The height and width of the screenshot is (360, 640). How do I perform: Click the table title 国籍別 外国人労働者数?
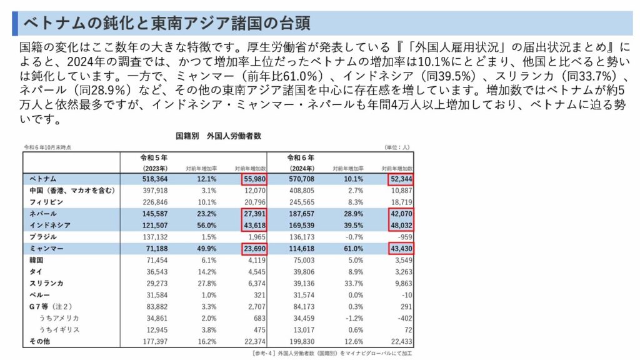(218, 134)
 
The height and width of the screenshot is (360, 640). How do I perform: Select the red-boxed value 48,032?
(400, 225)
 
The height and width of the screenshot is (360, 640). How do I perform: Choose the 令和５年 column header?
(153, 157)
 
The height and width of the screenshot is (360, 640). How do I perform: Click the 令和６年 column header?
(300, 157)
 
